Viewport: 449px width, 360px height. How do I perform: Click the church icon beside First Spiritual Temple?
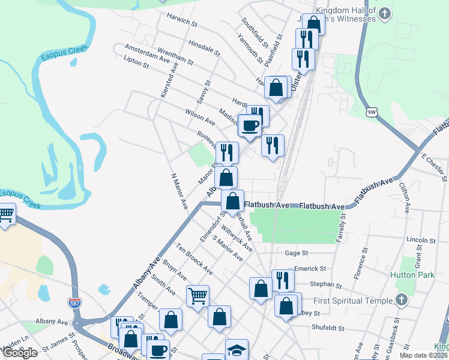tap(402, 299)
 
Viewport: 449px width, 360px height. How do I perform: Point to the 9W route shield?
tap(373, 112)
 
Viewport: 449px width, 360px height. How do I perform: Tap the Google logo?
tap(20, 353)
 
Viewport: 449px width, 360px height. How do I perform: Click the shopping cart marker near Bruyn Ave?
tap(197, 295)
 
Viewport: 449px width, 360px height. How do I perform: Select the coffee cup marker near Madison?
tap(250, 125)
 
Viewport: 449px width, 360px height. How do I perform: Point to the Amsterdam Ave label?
tap(148, 53)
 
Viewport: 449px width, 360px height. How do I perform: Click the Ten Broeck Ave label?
tap(193, 257)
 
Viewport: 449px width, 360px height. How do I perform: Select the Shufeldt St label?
tap(327, 328)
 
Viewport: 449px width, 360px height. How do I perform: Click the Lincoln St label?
tap(420, 240)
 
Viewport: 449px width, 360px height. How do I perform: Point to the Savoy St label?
tap(209, 91)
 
